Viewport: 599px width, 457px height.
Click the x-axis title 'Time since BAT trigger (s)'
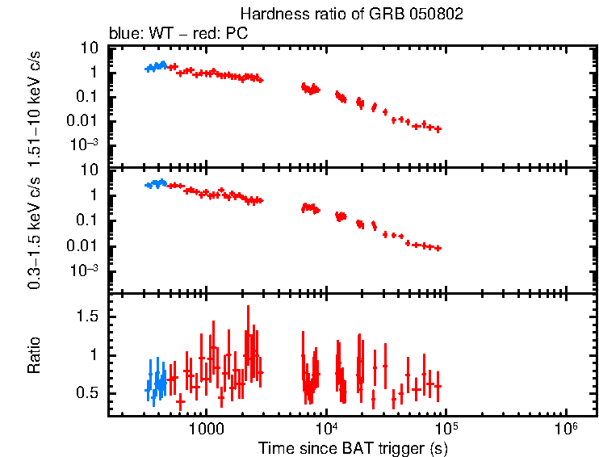point(353,447)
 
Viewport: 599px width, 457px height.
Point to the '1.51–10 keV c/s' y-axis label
point(35,105)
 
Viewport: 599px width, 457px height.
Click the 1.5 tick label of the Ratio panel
point(87,317)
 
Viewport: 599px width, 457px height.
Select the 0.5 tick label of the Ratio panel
point(87,393)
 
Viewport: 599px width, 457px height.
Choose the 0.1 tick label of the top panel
point(87,97)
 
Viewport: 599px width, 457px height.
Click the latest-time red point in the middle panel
point(438,248)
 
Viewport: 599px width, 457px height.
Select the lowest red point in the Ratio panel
point(180,401)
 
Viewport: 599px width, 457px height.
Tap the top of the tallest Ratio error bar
point(248,306)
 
